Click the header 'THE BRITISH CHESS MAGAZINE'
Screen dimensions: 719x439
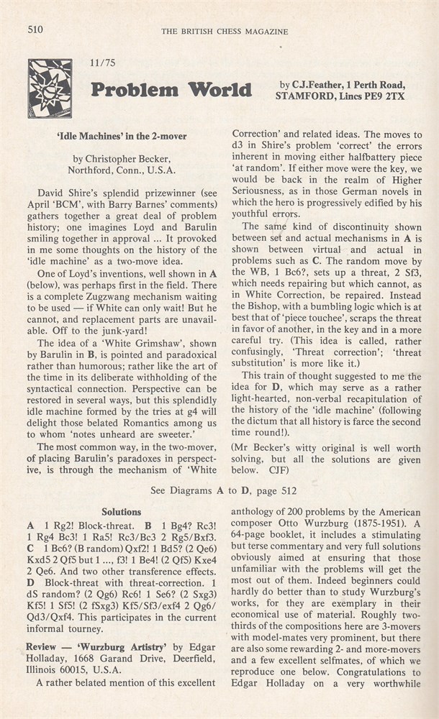point(225,31)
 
